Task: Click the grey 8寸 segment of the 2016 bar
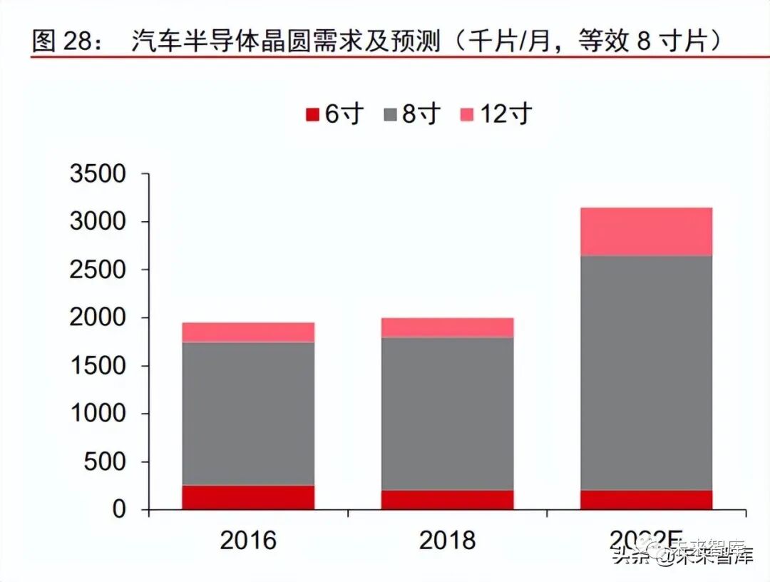248,414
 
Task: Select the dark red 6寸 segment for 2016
248,497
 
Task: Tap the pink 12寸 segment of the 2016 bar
248,332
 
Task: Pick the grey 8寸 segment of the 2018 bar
447,414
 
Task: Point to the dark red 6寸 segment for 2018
447,499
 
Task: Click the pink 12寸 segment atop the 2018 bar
447,327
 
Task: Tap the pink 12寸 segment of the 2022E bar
646,232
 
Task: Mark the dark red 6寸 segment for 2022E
646,499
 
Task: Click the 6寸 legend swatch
312,115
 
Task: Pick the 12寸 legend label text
504,114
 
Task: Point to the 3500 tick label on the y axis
98,174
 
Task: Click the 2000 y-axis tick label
98,318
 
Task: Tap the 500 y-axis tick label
107,462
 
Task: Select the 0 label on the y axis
119,510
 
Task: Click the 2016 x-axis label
248,540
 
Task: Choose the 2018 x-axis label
447,540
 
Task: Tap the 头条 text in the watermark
631,557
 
